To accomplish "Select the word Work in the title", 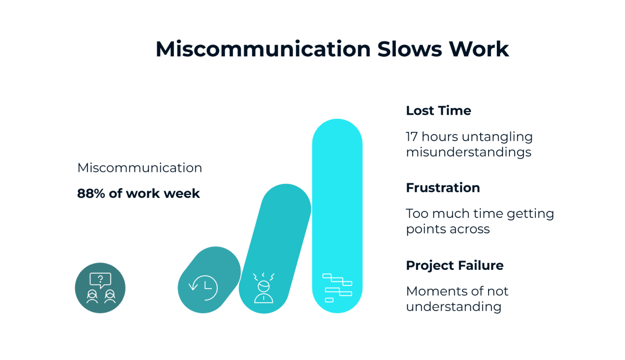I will (479, 49).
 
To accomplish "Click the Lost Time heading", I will (438, 110).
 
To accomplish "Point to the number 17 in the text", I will (413, 137).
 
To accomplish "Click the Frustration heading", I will (443, 188).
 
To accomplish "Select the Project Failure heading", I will (454, 265).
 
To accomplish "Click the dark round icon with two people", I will (100, 288).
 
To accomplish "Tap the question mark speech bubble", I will (101, 280).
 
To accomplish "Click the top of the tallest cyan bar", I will (337, 128).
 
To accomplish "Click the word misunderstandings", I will (468, 152).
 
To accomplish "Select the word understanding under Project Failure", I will (453, 306).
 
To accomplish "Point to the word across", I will (469, 229).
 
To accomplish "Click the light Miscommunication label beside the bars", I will (140, 168).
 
